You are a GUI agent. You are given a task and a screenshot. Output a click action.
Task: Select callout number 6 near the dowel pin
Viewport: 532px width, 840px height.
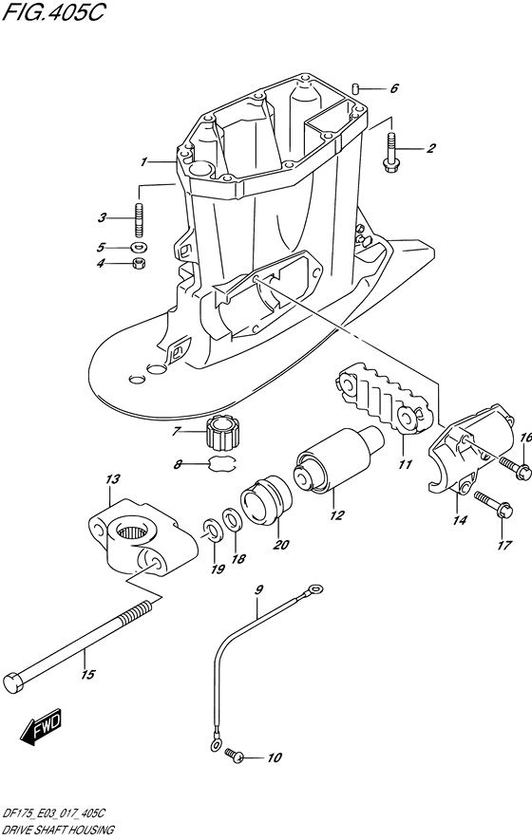coord(393,88)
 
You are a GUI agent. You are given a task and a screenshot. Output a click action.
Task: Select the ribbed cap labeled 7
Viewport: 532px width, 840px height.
coord(224,436)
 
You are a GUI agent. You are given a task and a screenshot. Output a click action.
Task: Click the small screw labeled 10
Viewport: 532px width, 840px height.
coord(237,756)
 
